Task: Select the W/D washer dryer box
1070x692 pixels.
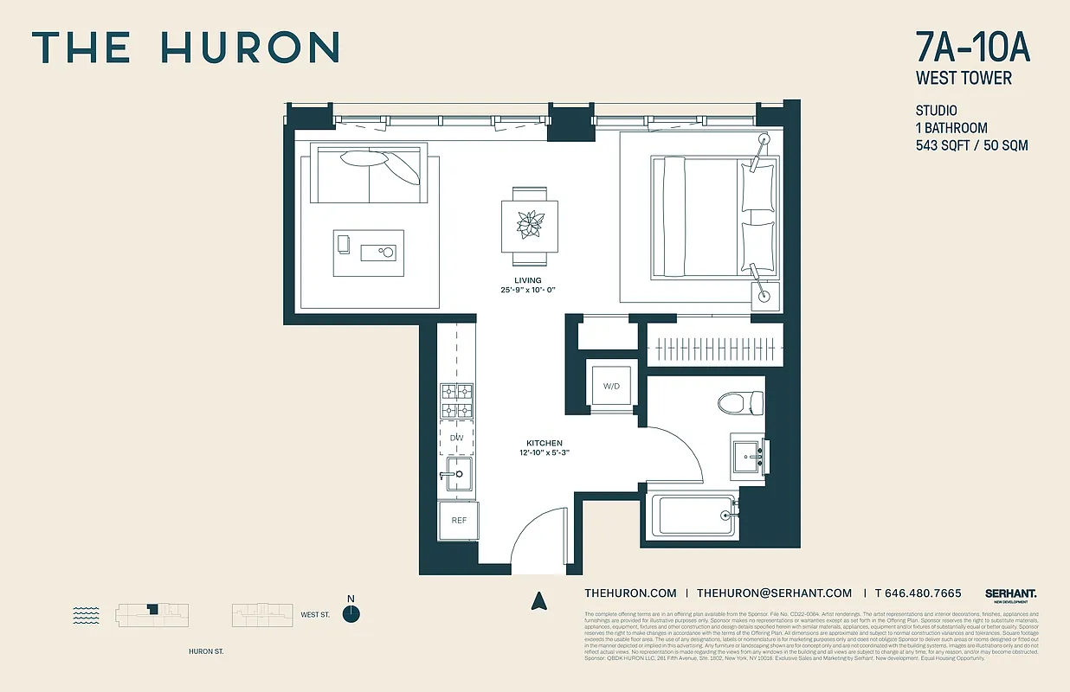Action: point(611,385)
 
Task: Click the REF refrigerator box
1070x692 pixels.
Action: point(459,520)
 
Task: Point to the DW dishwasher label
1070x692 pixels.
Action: point(456,439)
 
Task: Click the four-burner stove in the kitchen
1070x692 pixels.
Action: point(456,400)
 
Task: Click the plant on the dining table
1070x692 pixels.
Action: point(529,225)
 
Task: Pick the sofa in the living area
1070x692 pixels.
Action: point(369,173)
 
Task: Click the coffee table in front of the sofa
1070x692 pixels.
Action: point(369,253)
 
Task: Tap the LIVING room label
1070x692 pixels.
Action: point(527,280)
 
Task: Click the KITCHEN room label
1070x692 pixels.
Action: point(545,443)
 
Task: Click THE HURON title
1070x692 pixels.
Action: point(184,48)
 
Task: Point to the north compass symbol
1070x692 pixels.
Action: point(351,613)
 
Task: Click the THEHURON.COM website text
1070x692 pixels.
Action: point(630,593)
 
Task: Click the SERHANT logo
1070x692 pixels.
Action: point(1010,593)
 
